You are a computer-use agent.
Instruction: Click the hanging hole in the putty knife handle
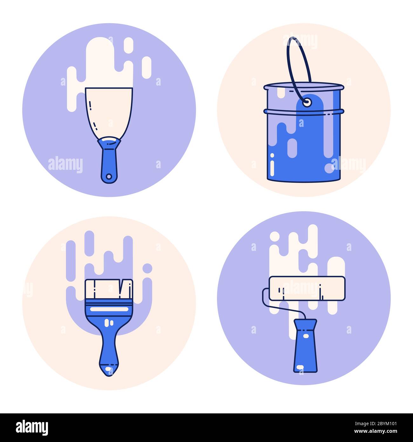[109, 176]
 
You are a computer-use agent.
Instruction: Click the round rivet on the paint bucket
[307, 102]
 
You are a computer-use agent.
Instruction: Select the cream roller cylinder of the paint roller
[307, 288]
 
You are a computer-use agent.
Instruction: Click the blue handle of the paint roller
[305, 347]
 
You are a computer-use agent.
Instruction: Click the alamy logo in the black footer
[32, 428]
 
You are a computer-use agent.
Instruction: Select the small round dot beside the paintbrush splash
[147, 268]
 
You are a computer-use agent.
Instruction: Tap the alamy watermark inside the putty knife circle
[65, 165]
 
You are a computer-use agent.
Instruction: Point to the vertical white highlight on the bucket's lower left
[272, 165]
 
